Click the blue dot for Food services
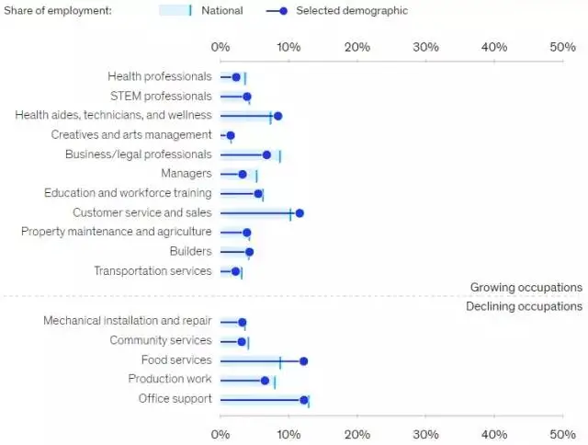303,361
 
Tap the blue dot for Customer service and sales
300,213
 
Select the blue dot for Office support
304,400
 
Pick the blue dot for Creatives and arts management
231,136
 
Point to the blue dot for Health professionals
236,78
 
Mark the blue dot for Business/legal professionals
267,155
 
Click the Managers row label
186,174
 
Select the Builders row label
190,251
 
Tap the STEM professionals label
161,97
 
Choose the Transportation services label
153,271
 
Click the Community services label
160,341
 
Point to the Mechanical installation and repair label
127,322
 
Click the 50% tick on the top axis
562,47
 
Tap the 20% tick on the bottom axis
357,433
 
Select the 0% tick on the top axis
220,47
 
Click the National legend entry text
222,11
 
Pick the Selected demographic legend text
352,11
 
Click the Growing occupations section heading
526,287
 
